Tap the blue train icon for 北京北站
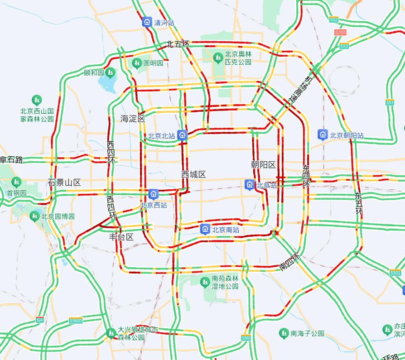(182, 135)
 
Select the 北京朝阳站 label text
(347, 135)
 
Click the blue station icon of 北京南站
(205, 229)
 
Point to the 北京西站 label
(154, 205)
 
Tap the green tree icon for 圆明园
(137, 63)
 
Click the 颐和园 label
(94, 72)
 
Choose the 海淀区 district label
(132, 119)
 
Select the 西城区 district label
(193, 174)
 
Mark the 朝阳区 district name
(263, 165)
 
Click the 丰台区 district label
(121, 237)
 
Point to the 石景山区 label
(64, 182)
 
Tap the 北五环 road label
(178, 44)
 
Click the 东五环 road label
(359, 203)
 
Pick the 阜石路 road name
(11, 159)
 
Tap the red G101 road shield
(340, 33)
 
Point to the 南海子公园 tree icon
(284, 333)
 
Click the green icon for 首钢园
(17, 182)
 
